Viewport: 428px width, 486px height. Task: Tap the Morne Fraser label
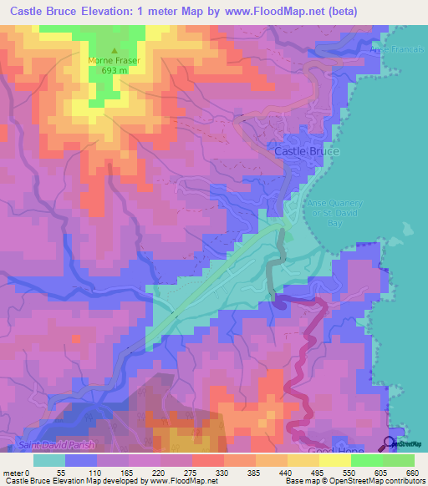click(x=115, y=60)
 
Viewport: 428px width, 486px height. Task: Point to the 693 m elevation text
click(x=115, y=71)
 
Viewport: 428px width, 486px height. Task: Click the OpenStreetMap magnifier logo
click(x=390, y=443)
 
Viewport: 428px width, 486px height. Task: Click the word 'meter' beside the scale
click(x=14, y=471)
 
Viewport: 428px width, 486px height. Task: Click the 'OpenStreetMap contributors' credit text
click(x=376, y=480)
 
